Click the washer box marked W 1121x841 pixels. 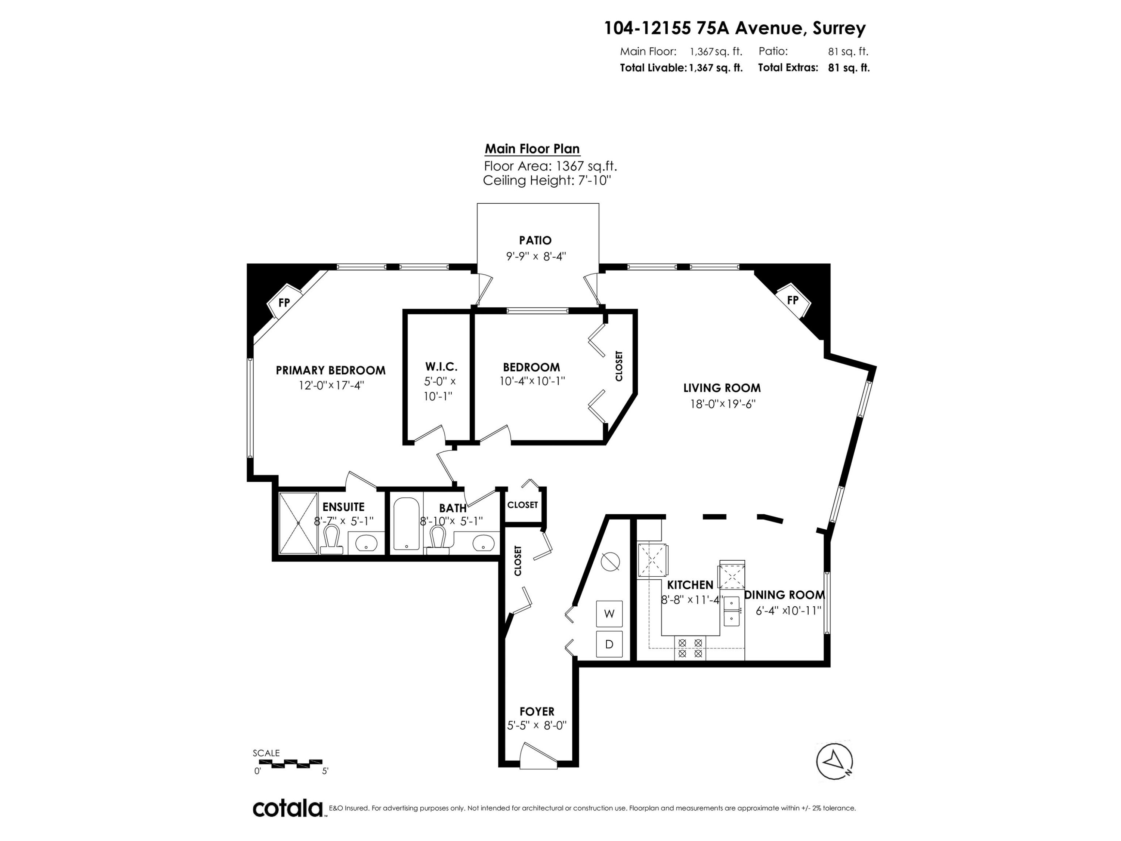pos(609,614)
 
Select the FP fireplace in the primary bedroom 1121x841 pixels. pos(284,303)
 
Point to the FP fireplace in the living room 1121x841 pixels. pos(793,300)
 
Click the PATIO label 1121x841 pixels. pos(535,240)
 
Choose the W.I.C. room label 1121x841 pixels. pos(441,367)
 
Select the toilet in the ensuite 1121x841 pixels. pos(331,540)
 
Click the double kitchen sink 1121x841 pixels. pos(731,611)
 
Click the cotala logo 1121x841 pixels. pos(288,808)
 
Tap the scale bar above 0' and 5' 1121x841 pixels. pos(288,763)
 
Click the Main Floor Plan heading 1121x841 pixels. pos(532,149)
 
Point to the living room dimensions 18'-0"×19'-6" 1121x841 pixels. pos(723,404)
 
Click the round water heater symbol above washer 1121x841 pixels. pos(610,561)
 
